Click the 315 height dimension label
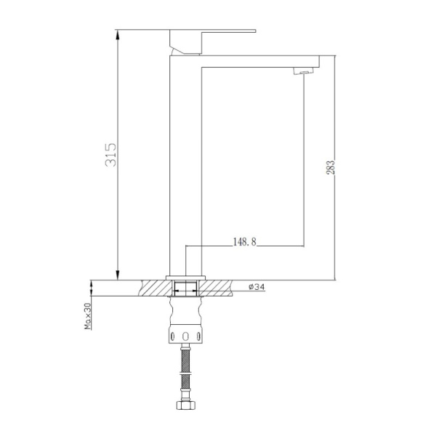pos(110,155)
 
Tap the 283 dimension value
pos(331,167)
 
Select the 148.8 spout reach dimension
pos(244,242)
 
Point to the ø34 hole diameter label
pos(257,287)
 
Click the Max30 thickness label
pos(88,316)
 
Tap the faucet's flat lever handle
pos(213,31)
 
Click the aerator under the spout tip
pos(303,71)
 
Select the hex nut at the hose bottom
pos(186,405)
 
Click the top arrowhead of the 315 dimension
pos(118,34)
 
